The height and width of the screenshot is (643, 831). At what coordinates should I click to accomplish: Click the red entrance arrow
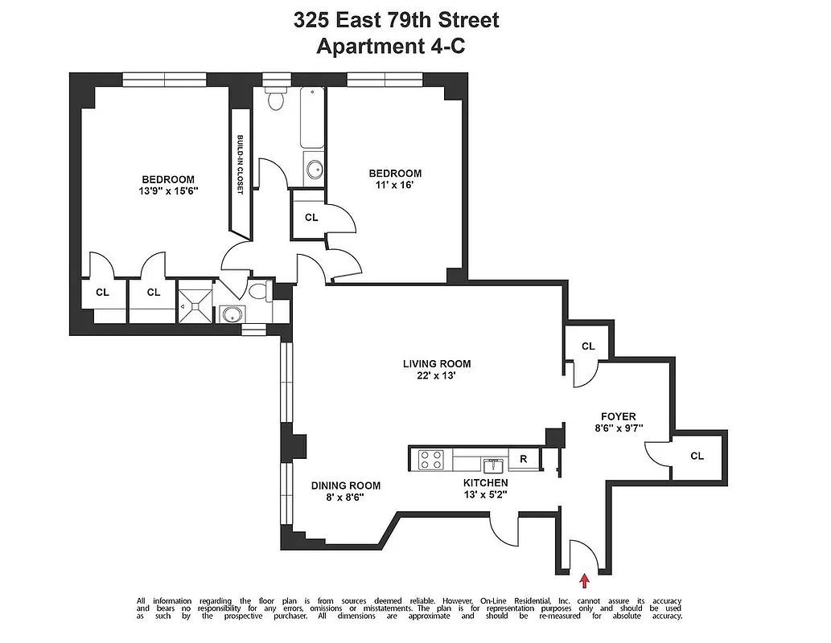pos(585,575)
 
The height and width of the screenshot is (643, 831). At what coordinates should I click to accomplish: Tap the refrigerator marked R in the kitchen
pos(523,460)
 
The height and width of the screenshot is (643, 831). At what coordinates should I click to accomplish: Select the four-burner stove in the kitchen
pos(431,460)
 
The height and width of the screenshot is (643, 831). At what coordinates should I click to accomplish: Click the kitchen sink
pos(493,464)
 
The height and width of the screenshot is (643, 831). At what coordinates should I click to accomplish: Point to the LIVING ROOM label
pos(437,363)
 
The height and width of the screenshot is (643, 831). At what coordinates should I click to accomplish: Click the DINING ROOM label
pos(346,485)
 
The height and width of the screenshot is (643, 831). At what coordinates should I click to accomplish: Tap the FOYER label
pos(618,416)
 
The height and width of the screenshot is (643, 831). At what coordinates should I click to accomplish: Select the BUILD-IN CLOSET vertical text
pos(240,165)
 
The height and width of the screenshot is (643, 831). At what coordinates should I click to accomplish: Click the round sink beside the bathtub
pos(314,170)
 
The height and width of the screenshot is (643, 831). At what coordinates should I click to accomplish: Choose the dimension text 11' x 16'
pos(394,185)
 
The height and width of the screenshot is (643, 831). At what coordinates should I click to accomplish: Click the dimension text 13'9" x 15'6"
pos(168,191)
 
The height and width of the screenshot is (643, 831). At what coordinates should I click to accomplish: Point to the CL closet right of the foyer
pos(697,456)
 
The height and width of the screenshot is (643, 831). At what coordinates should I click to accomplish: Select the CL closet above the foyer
pos(588,346)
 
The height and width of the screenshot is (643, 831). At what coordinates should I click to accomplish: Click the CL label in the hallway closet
pos(311,217)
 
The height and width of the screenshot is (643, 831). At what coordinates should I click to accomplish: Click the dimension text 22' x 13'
pos(437,375)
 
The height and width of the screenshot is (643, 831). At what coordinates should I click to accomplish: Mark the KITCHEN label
pos(485,482)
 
